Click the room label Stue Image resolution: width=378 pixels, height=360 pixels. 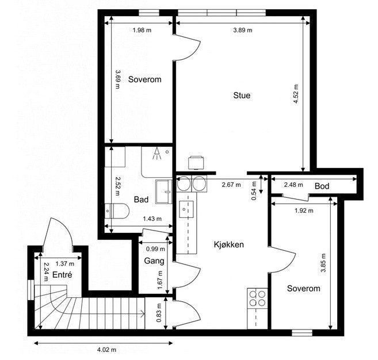coord(242,95)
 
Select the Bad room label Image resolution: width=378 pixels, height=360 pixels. coord(141,200)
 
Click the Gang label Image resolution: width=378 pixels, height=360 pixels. coord(154,261)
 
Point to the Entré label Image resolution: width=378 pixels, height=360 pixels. coord(62,275)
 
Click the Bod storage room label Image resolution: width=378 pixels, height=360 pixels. coord(322,186)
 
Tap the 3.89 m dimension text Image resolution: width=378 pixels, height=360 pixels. coord(242,30)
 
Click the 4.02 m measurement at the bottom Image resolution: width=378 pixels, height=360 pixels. coord(107,349)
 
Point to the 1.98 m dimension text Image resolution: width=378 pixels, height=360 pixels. coord(142,30)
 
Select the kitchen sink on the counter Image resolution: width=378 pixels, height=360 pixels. coord(185,209)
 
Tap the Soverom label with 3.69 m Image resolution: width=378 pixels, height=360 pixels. coord(144,79)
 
